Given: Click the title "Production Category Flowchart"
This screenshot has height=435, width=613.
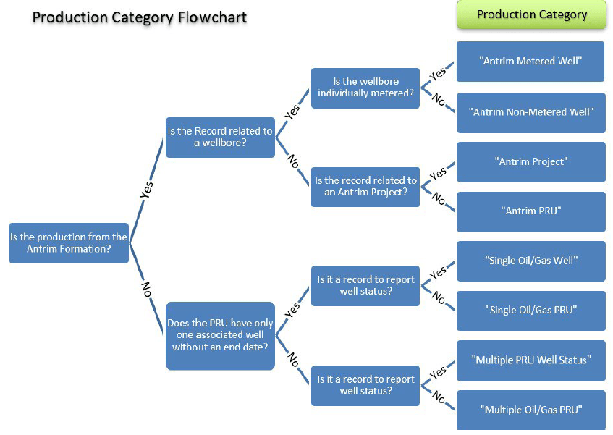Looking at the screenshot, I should pos(140,17).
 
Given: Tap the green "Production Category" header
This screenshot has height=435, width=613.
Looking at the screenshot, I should pos(531,15).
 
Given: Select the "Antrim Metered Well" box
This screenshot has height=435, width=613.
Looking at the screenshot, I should pos(530,62).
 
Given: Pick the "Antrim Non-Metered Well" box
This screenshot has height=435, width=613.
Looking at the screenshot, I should pos(530,112).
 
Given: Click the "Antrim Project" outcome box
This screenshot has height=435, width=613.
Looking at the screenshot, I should pos(530,161).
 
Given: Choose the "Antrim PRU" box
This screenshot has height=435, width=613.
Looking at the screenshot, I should pos(530,211).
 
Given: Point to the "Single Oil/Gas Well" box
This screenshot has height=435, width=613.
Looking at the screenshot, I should pos(530,261).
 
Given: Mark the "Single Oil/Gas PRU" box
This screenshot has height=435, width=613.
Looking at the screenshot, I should pos(530,311).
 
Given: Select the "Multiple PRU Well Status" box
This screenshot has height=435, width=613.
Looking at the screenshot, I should pos(530,360).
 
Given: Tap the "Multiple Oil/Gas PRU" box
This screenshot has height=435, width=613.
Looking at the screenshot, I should pos(530,410).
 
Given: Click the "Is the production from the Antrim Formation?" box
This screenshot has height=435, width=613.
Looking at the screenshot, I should pos(69,242).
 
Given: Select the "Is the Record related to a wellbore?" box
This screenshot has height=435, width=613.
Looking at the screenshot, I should pos(220,137).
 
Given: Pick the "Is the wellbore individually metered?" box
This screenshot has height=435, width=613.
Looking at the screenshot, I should pos(365,88).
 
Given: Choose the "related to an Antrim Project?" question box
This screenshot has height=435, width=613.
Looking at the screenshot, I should pos(365,187).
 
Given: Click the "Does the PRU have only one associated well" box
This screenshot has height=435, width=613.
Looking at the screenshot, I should pos(220,336).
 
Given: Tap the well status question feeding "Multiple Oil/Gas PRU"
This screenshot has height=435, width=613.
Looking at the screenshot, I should pos(365,385).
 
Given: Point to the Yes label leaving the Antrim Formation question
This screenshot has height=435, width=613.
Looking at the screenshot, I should pos(147,190).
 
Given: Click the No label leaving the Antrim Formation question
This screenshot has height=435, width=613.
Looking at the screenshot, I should pos(147,290).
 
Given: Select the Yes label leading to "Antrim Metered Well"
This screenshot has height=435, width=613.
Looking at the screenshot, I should pos(438,72).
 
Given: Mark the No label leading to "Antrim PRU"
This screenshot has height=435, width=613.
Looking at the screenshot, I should pos(439,198).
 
